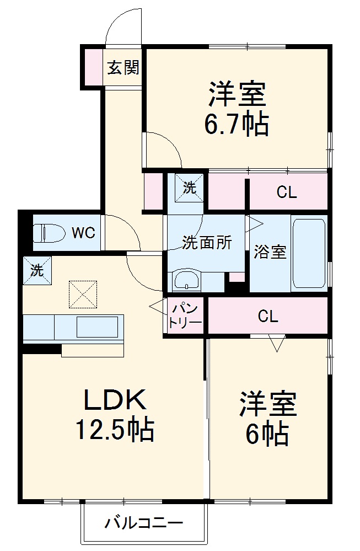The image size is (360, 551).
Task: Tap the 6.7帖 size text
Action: (x=237, y=125)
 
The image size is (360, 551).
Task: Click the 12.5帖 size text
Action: (x=115, y=430)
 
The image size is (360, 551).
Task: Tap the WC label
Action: (x=84, y=232)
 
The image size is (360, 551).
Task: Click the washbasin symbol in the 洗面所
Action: (x=187, y=280)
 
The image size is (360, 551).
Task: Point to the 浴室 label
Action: (x=270, y=253)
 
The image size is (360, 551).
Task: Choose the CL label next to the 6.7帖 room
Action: (x=287, y=192)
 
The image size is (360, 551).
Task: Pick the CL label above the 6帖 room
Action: (x=268, y=317)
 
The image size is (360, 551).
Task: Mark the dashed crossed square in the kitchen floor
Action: (x=83, y=293)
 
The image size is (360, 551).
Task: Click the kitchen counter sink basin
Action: (x=96, y=327)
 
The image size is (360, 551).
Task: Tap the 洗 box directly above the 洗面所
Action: (x=189, y=187)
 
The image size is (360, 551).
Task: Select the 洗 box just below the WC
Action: (x=37, y=270)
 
